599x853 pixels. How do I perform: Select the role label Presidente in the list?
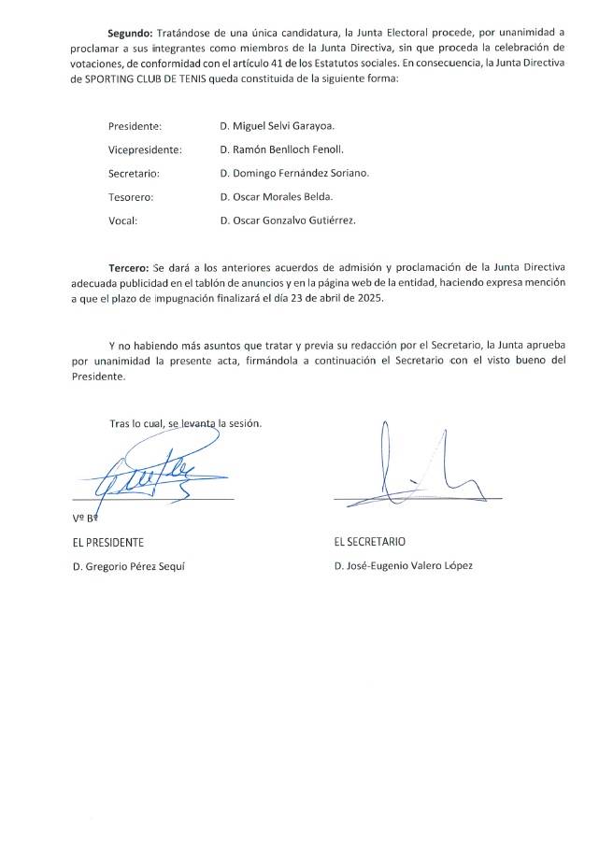(x=135, y=125)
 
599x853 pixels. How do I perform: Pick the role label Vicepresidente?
(x=145, y=149)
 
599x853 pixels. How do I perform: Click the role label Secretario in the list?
(x=135, y=173)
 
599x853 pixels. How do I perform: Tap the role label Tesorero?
(x=131, y=197)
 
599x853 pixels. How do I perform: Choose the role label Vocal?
(x=123, y=220)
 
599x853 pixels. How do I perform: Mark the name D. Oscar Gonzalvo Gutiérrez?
(x=288, y=220)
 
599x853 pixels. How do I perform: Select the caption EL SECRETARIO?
(x=369, y=542)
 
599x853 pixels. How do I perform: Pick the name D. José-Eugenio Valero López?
(x=403, y=566)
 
